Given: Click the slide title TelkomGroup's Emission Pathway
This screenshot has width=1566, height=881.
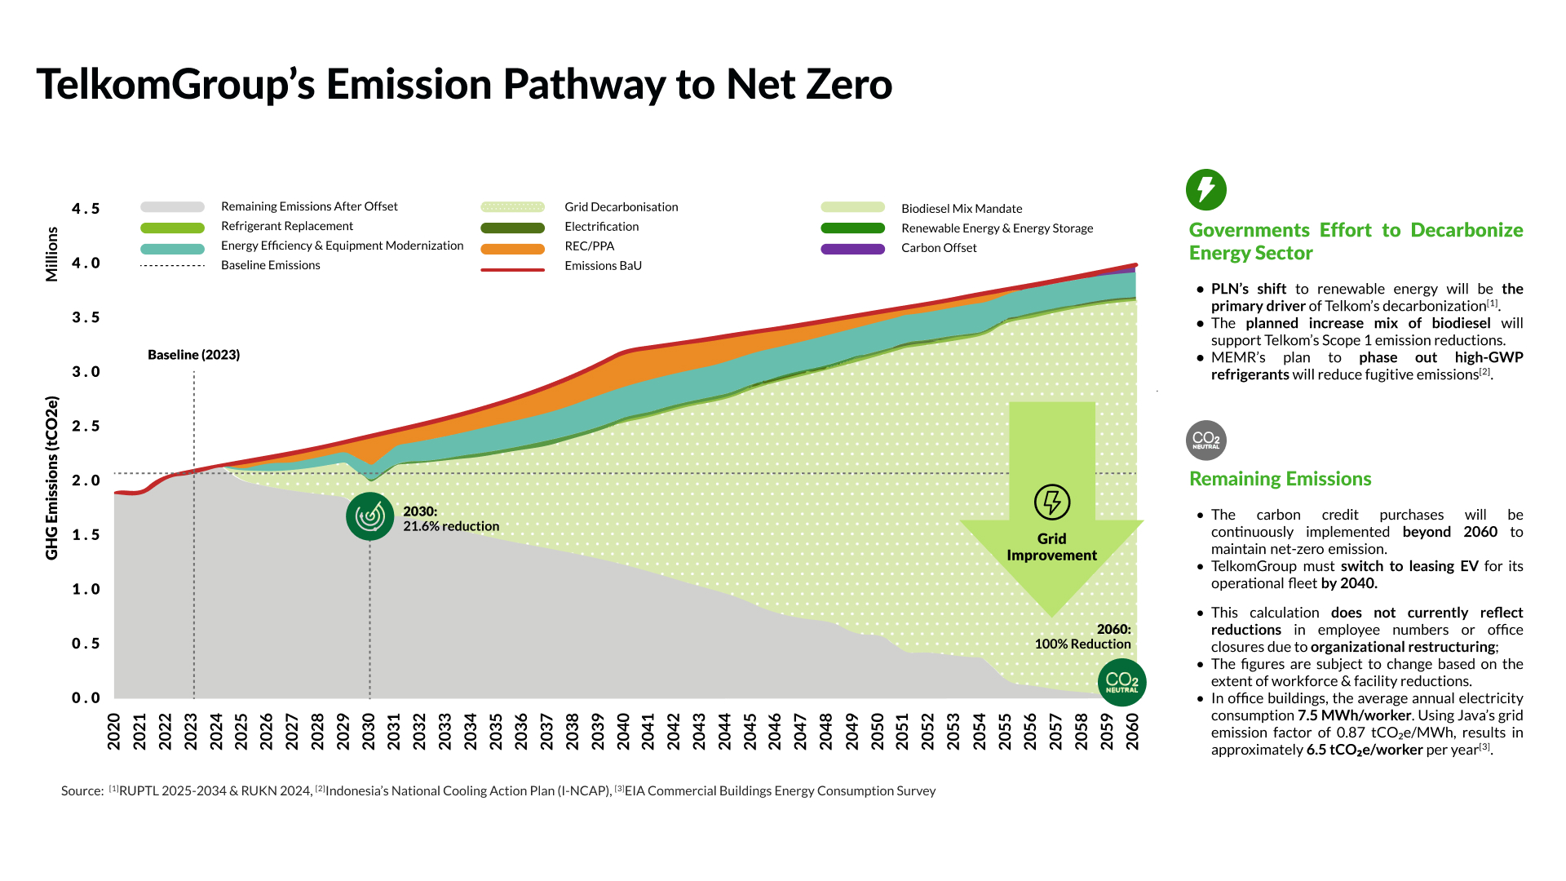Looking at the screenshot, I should pos(464,85).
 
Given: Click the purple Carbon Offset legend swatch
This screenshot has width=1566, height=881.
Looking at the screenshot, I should pos(852,249).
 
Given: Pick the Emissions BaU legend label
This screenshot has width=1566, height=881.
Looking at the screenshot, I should pos(603,266).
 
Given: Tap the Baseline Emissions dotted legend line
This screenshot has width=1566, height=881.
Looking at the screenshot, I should pos(172,266).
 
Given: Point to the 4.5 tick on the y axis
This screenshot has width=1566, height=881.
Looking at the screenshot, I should pos(86,209).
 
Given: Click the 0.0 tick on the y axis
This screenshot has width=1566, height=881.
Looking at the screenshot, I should pos(86,698).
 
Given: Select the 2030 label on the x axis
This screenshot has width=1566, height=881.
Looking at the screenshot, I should pos(369,732).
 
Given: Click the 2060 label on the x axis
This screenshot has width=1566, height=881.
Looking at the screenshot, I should pos(1133,732).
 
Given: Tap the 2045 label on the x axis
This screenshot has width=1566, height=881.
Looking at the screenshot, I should pos(750,732).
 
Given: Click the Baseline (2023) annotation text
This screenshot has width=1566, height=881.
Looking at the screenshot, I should pos(193,355).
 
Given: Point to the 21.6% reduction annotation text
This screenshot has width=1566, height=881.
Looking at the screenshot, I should pos(451,526).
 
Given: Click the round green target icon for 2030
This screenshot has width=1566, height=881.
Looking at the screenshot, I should pos(369,516).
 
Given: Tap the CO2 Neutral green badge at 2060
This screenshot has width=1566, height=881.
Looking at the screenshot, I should pos(1121,683).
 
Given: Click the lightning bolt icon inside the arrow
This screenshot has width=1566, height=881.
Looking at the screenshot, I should pos(1051,502).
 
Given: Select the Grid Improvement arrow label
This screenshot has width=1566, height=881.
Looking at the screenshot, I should pos(1051,547).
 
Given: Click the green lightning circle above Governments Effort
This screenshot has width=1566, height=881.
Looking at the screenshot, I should pos(1205,189).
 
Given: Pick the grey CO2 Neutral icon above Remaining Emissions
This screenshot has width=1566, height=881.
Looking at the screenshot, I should pos(1205,440).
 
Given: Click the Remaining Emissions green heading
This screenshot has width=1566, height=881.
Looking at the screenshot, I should pos(1280,479).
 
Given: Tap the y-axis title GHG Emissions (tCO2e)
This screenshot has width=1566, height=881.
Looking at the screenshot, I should pos(52,477).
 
